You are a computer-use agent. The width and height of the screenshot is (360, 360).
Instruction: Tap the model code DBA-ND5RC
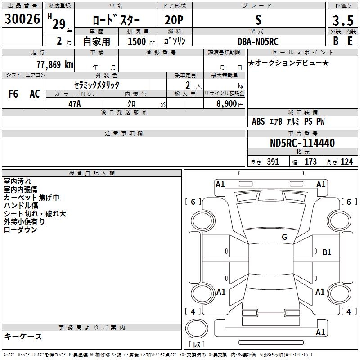tap(258, 41)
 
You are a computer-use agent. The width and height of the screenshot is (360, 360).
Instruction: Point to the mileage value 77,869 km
tap(54, 64)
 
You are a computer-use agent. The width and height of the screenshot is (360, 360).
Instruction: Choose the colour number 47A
tap(75, 103)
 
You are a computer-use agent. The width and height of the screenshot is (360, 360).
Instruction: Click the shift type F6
tap(13, 94)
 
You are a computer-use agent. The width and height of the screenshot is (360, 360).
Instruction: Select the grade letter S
tap(258, 19)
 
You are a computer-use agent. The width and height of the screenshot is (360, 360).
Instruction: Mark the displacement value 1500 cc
tap(139, 41)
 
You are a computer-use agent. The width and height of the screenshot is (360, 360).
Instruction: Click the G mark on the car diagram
tap(284, 237)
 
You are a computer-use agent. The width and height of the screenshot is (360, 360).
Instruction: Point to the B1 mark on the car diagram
tap(327, 252)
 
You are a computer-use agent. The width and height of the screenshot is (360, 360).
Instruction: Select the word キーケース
tap(23, 336)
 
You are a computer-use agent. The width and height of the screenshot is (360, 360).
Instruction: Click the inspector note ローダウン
tap(20, 229)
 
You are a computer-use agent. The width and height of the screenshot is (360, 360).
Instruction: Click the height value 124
tap(346, 162)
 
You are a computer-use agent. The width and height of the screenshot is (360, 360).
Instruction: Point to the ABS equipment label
tap(258, 121)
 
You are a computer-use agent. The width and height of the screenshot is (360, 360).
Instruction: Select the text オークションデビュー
tap(288, 63)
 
